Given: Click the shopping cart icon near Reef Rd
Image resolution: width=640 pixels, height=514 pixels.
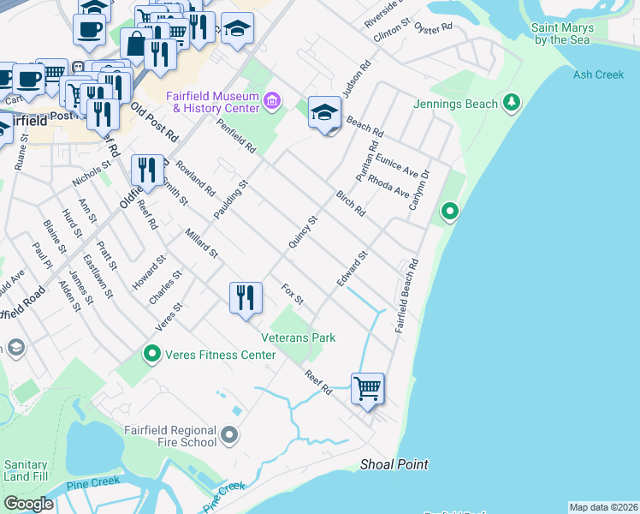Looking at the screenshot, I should (367, 388).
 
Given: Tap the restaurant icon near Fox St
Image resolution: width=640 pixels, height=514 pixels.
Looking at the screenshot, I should (246, 297).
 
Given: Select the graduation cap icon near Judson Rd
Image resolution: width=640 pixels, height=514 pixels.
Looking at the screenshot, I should (325, 112).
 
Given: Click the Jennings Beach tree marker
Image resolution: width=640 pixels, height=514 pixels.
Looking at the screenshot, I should (513, 104).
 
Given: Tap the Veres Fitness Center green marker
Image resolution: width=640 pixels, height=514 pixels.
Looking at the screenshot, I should (152, 354).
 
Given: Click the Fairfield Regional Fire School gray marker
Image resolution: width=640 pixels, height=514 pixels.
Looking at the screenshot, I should (228, 436).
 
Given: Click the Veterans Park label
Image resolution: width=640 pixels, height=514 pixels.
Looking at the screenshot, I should (298, 338).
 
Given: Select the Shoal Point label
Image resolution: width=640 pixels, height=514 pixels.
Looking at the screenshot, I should (394, 464).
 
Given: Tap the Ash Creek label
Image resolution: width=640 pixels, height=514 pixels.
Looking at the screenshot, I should (599, 75).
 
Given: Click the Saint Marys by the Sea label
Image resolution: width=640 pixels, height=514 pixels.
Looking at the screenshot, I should (561, 33).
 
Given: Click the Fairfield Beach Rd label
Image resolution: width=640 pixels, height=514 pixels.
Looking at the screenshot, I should (406, 296).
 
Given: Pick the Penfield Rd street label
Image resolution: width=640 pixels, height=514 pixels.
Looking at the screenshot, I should (237, 136).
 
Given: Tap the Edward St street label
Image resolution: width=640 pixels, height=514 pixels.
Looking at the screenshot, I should (352, 268).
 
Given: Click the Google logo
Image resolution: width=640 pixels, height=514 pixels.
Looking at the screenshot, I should (28, 504).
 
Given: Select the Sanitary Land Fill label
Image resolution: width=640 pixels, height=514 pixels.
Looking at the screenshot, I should (26, 470).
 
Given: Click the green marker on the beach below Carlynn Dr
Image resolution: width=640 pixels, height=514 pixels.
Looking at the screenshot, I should (449, 211).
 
